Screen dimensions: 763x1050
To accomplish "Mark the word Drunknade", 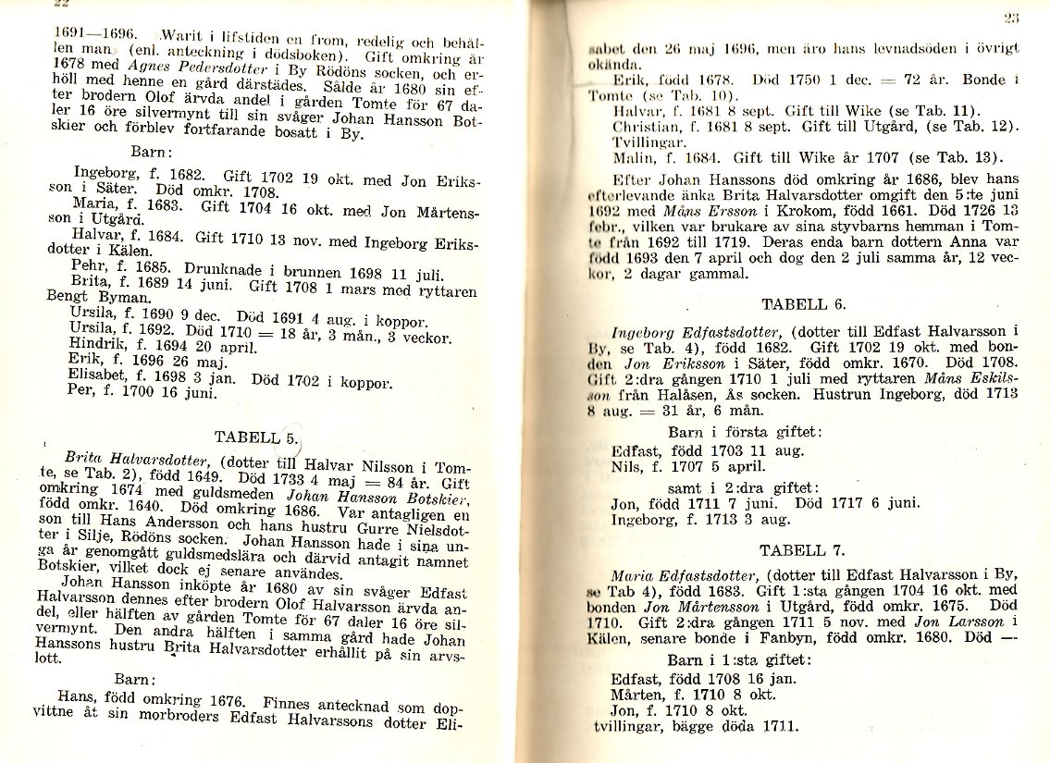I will point(167,273).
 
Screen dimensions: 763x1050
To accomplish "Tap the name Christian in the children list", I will point(647,125).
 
